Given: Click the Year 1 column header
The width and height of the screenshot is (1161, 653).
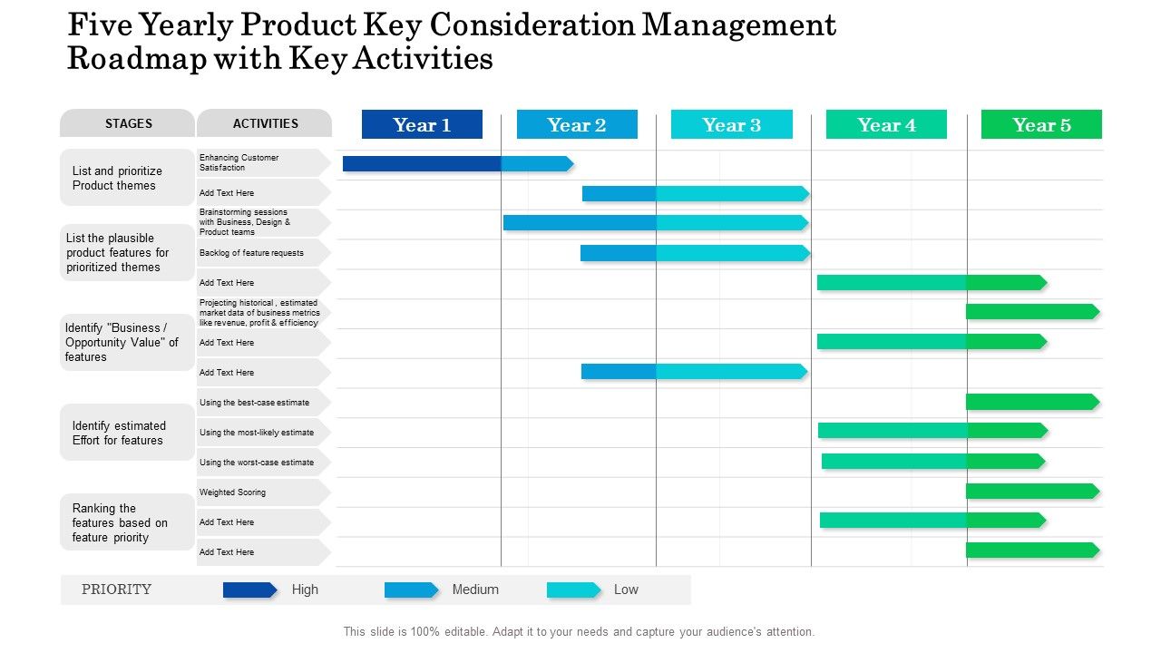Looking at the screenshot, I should pos(422,125).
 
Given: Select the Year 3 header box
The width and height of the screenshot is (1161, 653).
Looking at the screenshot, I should pos(731,125).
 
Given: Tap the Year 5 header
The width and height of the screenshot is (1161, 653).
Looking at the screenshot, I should pos(1041,125).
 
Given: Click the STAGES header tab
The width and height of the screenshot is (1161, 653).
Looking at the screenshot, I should pos(128,123).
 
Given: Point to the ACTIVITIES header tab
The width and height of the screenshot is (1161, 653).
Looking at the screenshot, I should pos(265,123).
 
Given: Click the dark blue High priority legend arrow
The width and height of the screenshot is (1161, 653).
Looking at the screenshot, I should pos(249,590).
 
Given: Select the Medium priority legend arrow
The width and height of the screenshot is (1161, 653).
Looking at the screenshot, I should pos(411,590).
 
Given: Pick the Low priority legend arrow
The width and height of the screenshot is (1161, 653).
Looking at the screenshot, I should pos(573,590).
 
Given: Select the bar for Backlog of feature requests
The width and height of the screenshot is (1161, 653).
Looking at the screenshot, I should pos(695,253).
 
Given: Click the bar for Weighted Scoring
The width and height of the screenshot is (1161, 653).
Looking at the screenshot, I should pos(1032,492).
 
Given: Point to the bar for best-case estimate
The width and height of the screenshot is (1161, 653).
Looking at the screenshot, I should pos(1032,402).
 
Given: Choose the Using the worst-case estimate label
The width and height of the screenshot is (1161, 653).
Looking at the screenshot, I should pos(257,463).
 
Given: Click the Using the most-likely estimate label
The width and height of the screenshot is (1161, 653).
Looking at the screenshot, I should pos(257,433).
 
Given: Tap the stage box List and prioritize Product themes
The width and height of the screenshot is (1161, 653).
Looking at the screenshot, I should pos(127,178).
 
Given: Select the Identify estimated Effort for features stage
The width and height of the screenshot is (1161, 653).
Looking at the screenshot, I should pos(127,433).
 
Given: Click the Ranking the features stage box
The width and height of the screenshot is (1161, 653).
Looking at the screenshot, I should pos(127,522).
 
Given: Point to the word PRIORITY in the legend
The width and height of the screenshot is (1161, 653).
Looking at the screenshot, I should pos(116,590).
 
